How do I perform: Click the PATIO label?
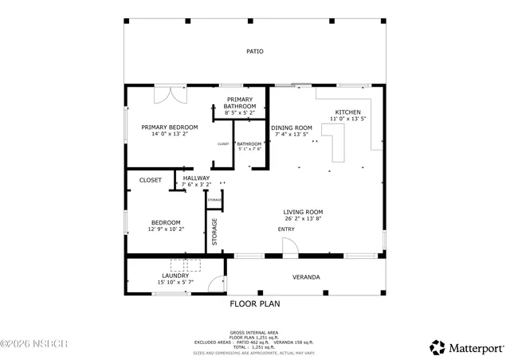[254, 52]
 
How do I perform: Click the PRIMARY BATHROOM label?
[239, 103]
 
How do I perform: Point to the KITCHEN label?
[347, 112]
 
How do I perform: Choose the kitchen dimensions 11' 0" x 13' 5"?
[347, 119]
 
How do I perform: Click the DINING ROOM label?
[292, 127]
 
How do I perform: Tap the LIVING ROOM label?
[304, 212]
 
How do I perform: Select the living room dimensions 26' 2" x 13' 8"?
[304, 219]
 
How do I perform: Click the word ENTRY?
[286, 229]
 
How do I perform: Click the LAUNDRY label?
[175, 276]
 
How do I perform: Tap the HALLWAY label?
[196, 178]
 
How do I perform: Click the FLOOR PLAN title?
[254, 303]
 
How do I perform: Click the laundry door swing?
[215, 283]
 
